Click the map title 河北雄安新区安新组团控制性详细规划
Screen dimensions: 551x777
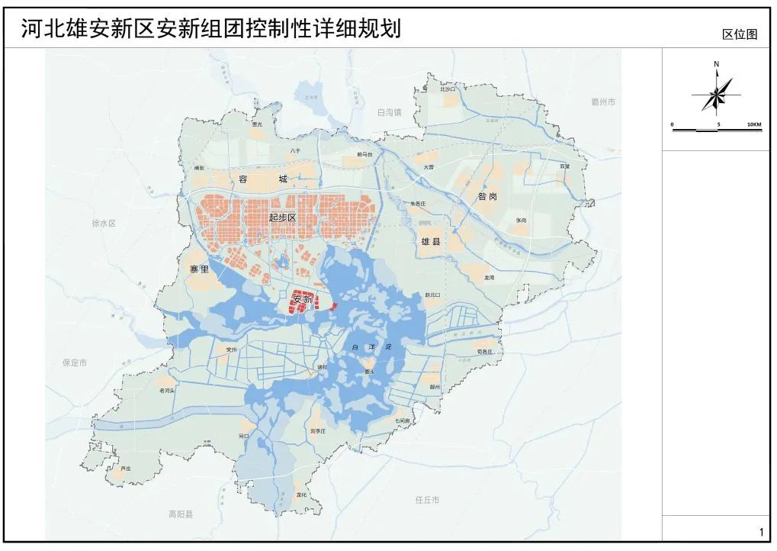click(x=210, y=28)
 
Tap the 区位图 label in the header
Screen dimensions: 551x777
click(x=739, y=34)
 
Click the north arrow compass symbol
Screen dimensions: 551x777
click(x=717, y=94)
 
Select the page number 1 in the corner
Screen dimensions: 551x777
click(x=760, y=532)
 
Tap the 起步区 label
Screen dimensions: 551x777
click(x=282, y=217)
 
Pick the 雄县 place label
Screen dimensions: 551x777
click(x=432, y=241)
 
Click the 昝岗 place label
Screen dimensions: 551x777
click(x=488, y=196)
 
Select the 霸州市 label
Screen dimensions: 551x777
click(x=602, y=101)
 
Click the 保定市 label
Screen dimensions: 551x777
click(x=75, y=362)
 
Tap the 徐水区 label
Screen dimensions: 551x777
click(x=103, y=224)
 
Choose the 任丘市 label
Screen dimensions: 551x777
click(x=428, y=500)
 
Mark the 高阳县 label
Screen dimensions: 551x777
click(x=181, y=514)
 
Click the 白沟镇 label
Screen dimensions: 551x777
click(x=388, y=112)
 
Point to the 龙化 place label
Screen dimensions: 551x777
click(x=301, y=495)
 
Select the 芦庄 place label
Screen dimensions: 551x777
click(x=127, y=468)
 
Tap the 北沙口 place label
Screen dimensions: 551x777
click(x=448, y=89)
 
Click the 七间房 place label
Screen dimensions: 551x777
click(x=402, y=420)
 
